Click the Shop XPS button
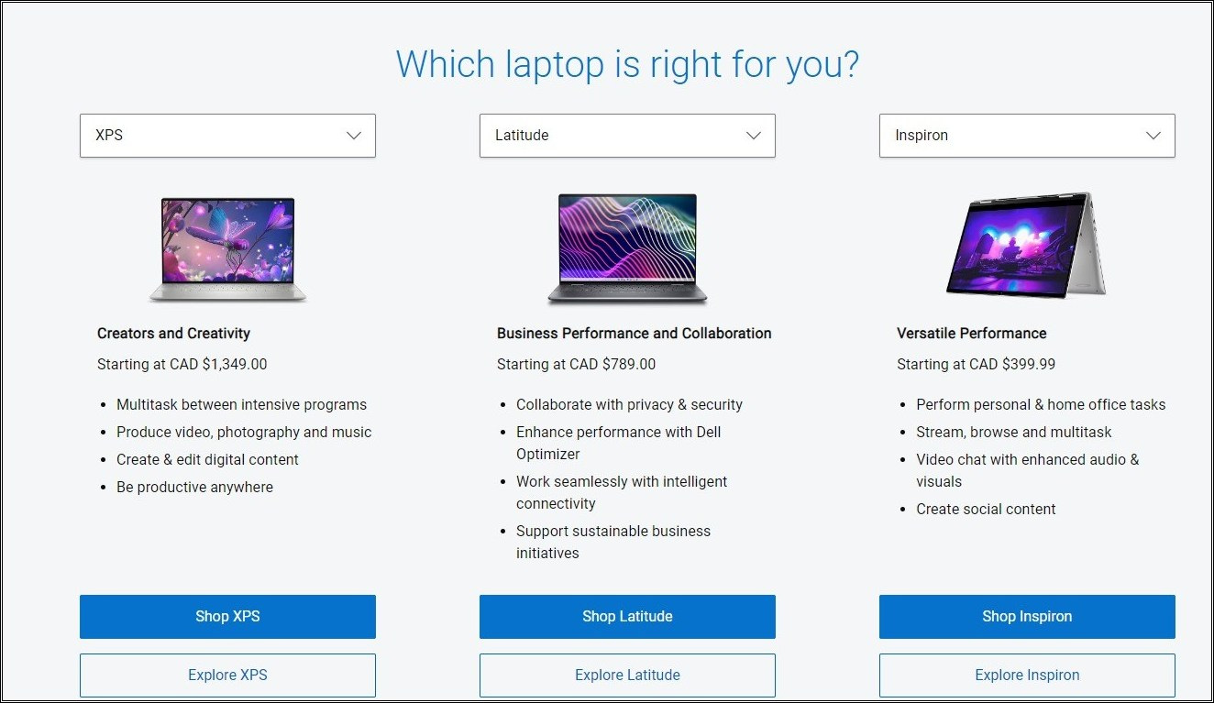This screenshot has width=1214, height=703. pos(227,616)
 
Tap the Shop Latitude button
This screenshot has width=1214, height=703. pos(627,616)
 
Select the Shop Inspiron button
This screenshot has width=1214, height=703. pos(1027,616)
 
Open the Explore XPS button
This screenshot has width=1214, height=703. pos(227,675)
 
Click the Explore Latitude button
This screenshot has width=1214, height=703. pos(627,675)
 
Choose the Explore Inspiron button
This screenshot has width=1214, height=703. pos(1027,675)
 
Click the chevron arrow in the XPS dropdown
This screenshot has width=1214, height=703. pos(354,136)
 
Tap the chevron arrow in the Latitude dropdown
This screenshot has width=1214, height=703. pos(754,136)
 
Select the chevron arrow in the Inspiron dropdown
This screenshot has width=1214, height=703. pos(1153,136)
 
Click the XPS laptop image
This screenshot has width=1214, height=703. pos(227,249)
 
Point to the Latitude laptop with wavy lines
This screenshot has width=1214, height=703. pos(627,248)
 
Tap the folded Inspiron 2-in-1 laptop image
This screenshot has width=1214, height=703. pos(1026,245)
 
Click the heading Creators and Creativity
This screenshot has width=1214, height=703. pos(173,333)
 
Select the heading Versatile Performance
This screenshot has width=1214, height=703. pos(972,333)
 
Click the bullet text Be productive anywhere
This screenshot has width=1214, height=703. pos(194,487)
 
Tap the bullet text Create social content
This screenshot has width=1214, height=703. pos(986,509)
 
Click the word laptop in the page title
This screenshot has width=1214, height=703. pos(555,65)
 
